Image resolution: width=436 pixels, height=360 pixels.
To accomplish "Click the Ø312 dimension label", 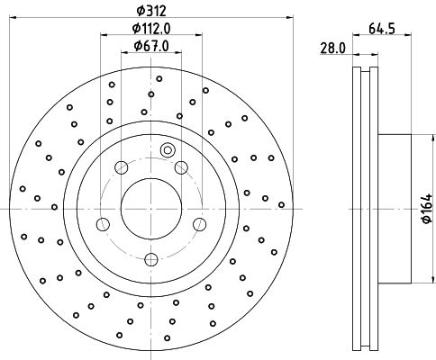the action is [x=151, y=11].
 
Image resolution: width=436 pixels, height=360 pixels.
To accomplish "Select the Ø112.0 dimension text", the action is [x=151, y=29].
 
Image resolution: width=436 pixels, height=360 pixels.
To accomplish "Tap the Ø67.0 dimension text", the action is [x=151, y=46].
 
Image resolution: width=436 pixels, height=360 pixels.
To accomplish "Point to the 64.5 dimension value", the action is [x=382, y=29].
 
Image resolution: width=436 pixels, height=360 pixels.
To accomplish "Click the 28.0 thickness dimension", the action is [x=333, y=49].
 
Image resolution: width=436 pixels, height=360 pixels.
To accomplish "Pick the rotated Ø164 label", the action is [x=427, y=209].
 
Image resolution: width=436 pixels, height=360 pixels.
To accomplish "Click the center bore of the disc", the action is [x=151, y=209].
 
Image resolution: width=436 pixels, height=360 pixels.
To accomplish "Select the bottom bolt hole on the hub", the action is [x=151, y=259].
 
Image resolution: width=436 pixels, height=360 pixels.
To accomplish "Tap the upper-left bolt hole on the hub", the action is [x=122, y=167].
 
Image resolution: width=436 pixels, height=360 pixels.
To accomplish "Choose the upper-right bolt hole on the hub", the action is [x=181, y=167].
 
